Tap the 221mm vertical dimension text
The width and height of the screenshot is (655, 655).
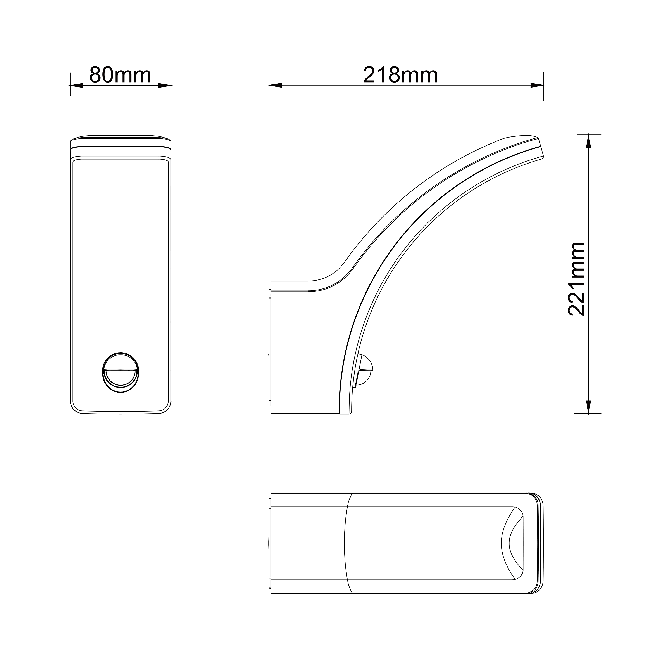click(x=577, y=279)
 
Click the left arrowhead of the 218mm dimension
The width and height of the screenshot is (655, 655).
click(x=275, y=85)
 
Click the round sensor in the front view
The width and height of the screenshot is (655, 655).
click(x=121, y=372)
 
